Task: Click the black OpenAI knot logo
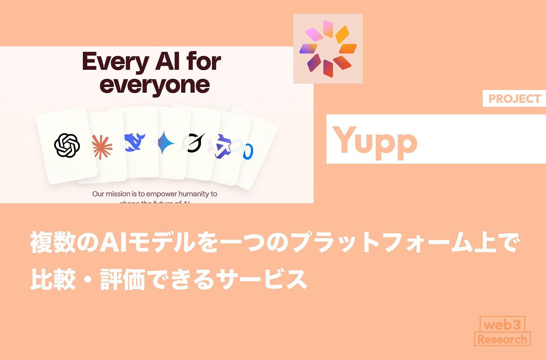coord(67,145)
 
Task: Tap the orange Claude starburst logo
coord(102,147)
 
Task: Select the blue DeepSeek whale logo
coord(135,142)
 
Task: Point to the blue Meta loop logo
coord(248,151)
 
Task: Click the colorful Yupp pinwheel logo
coord(328,49)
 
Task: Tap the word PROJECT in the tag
coord(514,99)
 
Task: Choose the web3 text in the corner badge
coord(502,324)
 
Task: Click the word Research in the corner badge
coord(502,339)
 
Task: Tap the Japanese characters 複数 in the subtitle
coord(53,242)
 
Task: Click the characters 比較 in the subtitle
coord(53,280)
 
